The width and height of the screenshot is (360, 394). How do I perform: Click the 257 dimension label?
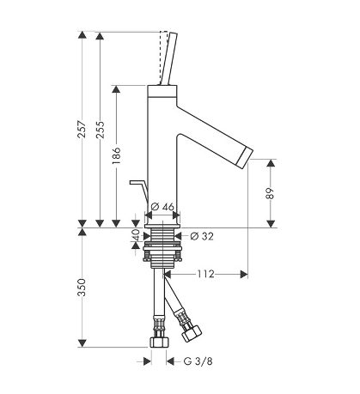pos(82,130)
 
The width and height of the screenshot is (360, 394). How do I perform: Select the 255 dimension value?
pos(100,130)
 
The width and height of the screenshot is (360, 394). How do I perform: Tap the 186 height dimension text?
pos(116,155)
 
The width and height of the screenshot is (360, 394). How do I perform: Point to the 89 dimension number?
pos(271,194)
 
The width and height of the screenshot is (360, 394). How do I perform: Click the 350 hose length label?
pos(82,288)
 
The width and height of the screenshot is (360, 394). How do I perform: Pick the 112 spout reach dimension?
pos(205,274)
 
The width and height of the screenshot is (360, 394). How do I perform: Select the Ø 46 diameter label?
pos(162,206)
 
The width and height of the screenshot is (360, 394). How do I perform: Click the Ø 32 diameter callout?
pos(202,236)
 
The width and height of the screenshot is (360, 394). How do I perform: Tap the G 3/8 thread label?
pos(198,361)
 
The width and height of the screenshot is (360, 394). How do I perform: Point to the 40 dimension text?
pos(137,235)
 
